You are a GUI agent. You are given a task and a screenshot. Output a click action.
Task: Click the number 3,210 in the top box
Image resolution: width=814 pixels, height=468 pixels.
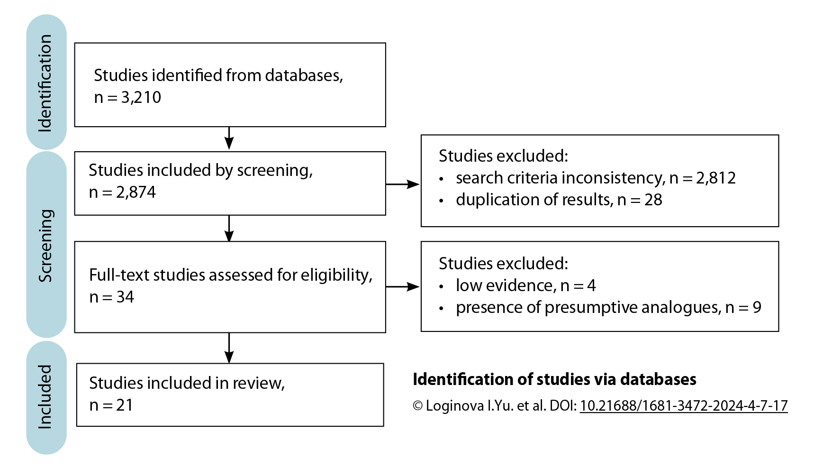click(141, 97)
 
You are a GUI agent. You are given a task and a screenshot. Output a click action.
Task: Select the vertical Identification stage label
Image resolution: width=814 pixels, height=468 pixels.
click(45, 83)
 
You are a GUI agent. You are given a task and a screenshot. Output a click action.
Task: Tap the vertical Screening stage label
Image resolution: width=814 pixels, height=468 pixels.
click(45, 246)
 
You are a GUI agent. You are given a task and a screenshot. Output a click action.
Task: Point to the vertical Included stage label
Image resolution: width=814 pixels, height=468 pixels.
click(45, 397)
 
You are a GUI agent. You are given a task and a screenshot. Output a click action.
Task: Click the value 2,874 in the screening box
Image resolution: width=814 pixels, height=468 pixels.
click(136, 192)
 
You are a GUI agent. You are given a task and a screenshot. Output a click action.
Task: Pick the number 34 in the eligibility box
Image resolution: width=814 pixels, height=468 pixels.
click(125, 297)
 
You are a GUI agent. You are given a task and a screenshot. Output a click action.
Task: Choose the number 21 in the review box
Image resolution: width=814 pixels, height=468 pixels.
click(125, 405)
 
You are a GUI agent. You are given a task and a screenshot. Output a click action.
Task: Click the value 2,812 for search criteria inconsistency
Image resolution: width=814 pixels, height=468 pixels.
click(715, 178)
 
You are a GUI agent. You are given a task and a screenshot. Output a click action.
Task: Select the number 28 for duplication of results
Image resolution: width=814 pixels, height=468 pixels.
click(653, 200)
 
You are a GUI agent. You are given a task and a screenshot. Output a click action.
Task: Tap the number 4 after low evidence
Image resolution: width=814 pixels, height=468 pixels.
click(591, 285)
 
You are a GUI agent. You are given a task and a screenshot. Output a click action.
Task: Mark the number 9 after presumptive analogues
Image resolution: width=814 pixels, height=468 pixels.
click(757, 307)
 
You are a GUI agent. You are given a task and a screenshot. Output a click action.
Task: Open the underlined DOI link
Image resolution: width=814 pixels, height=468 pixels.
click(683, 406)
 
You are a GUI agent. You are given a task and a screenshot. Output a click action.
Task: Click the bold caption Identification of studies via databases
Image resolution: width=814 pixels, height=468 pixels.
click(554, 379)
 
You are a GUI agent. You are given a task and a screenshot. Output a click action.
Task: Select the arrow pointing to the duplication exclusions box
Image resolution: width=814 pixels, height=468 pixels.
click(403, 184)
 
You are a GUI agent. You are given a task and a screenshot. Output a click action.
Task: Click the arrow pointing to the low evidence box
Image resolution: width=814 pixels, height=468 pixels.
click(403, 286)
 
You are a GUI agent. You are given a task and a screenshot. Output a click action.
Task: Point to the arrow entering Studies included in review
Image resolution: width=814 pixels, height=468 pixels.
click(229, 349)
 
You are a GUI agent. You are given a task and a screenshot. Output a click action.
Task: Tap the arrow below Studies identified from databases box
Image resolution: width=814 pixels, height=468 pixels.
click(229, 138)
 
